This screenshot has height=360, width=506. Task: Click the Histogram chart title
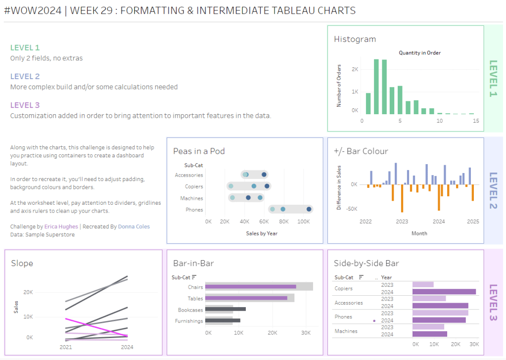coord(355,39)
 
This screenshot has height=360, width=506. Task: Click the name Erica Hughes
coord(61,226)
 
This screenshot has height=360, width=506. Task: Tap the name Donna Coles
coord(134,226)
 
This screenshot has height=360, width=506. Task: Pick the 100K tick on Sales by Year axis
coord(304,222)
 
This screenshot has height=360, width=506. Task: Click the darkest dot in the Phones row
coord(309,209)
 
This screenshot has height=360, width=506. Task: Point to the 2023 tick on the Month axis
coord(402,222)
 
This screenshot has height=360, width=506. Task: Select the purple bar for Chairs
coord(250,286)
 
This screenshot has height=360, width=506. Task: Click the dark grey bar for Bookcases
coord(225,309)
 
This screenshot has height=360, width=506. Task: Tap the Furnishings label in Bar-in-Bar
coord(189,321)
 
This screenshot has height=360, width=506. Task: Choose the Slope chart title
coord(22,263)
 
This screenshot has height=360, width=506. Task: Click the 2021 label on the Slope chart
coord(66,347)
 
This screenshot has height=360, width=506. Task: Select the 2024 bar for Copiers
coord(444,292)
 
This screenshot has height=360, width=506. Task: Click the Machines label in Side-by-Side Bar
coord(346,331)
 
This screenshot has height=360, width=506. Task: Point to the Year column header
coord(386,277)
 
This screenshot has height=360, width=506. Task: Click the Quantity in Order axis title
coord(419,53)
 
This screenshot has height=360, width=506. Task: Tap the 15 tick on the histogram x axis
coord(476,121)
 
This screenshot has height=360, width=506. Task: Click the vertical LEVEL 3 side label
coord(493,302)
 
